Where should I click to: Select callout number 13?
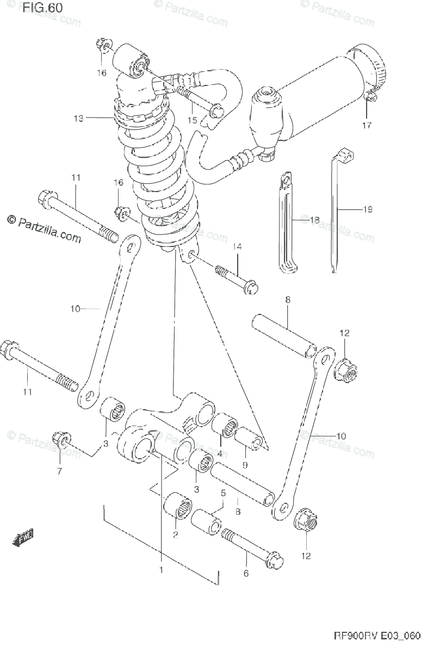pyautogui.click(x=78, y=118)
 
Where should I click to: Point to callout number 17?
pyautogui.click(x=366, y=126)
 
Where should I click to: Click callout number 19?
pyautogui.click(x=368, y=209)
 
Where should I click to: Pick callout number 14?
pyautogui.click(x=237, y=247)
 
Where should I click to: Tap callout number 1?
pyautogui.click(x=161, y=570)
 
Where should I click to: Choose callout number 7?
pyautogui.click(x=60, y=471)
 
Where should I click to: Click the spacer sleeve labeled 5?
pyautogui.click(x=206, y=521)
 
